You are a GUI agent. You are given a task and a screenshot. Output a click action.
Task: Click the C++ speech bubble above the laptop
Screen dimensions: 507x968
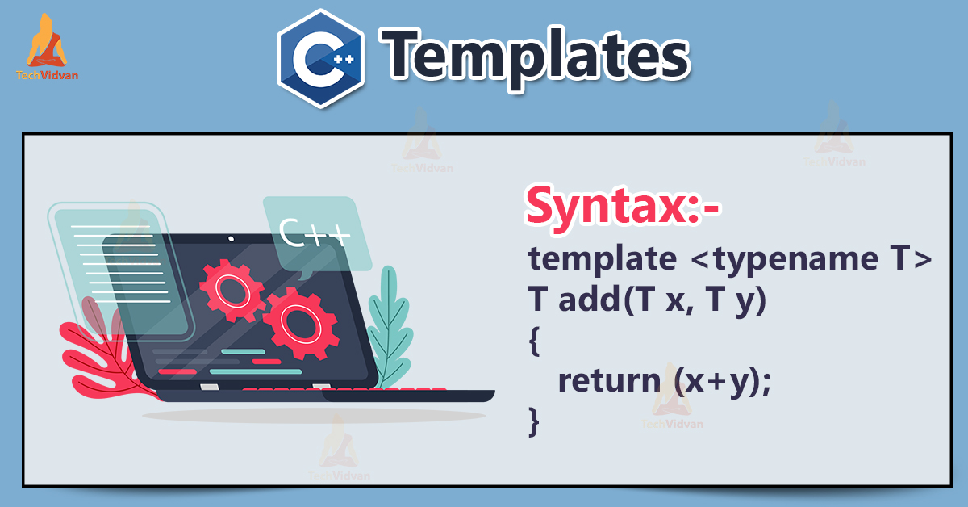click(315, 233)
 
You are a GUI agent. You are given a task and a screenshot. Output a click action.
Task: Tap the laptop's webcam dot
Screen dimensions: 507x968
click(232, 240)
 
